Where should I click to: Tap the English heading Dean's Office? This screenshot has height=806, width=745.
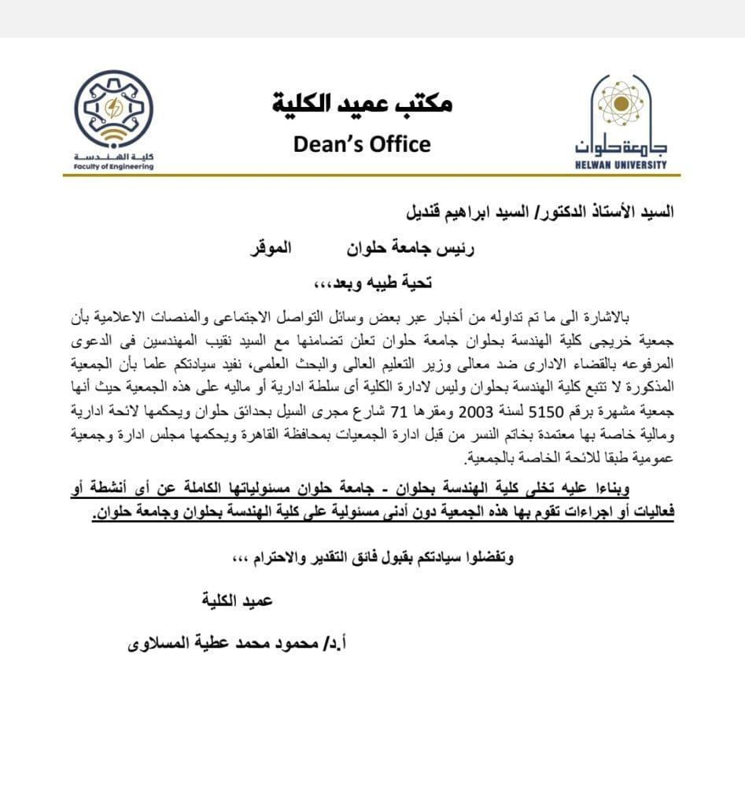[x=362, y=145]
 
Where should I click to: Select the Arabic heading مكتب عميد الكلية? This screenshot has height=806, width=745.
[x=362, y=103]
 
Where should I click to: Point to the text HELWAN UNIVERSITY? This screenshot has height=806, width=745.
[x=621, y=165]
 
